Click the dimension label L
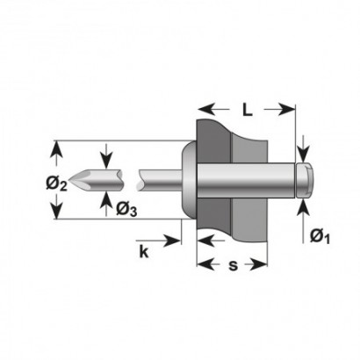point(248,110)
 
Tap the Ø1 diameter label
point(320,236)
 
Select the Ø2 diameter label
point(56,184)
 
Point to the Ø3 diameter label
point(126,210)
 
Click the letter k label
point(144,251)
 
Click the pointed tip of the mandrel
point(69,179)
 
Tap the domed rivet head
point(190,179)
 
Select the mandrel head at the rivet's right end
point(305,180)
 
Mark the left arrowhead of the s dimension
point(205,264)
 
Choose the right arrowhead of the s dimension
point(259,264)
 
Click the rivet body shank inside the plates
point(246,180)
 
